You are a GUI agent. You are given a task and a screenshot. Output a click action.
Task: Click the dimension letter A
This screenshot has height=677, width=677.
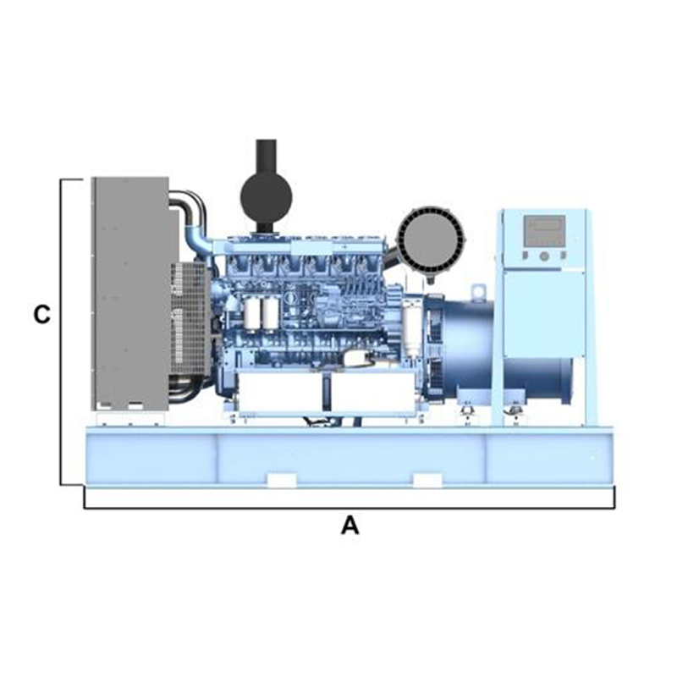coord(350,526)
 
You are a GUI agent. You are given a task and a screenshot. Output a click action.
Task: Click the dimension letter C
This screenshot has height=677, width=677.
coord(41,315)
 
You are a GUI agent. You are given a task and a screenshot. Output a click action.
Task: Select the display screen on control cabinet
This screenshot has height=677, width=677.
coord(544,229)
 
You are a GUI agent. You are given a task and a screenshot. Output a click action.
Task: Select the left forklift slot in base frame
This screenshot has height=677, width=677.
coord(281,481)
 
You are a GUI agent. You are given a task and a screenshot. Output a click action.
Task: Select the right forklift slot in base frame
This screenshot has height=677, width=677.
coord(427,481)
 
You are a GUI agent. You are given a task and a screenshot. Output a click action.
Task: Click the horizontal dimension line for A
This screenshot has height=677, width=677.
coord(350,509)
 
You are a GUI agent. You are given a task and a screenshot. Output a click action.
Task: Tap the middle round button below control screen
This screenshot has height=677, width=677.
coord(543,256)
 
